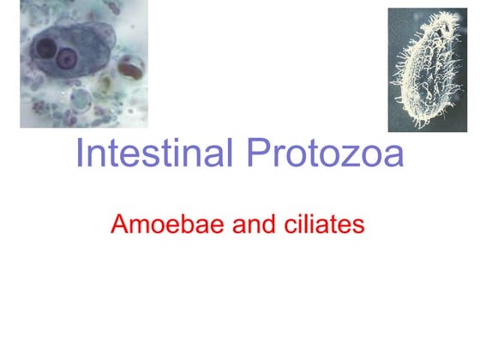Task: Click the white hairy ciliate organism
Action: tap(427, 69)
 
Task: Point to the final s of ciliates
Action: tap(359, 228)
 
